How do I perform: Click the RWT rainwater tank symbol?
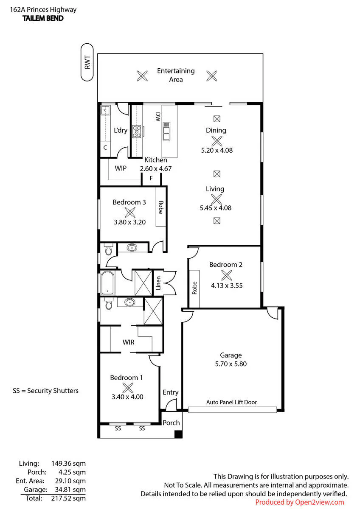(87, 62)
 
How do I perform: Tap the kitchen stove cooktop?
(137, 131)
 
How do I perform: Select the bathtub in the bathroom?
(107, 283)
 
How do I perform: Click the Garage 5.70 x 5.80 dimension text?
(231, 364)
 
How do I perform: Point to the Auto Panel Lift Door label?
(231, 402)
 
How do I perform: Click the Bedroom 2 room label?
(225, 265)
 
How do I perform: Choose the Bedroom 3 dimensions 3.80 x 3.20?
(129, 222)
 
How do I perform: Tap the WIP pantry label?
(121, 168)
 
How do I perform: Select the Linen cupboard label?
(158, 283)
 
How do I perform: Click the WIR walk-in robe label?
(129, 342)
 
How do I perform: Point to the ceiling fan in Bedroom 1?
(128, 388)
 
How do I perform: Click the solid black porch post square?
(178, 434)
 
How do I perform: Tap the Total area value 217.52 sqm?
(68, 498)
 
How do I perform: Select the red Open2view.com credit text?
(300, 502)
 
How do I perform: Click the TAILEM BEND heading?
(43, 18)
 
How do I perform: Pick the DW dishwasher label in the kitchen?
(158, 117)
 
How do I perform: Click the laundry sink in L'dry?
(105, 111)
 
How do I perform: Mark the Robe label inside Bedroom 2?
(194, 288)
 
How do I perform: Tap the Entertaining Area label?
(176, 75)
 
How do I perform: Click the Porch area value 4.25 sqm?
(72, 472)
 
